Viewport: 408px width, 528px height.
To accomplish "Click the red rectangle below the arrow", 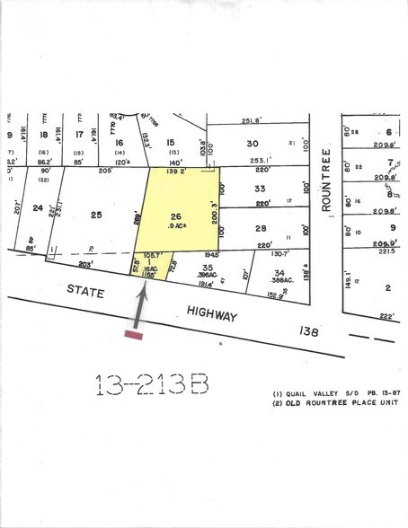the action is [x=134, y=335].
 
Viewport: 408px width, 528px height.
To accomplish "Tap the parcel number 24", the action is [x=38, y=209].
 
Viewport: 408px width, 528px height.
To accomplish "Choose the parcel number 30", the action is [x=253, y=145].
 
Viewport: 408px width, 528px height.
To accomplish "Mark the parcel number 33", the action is [x=260, y=189].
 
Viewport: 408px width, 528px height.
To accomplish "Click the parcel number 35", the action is [x=208, y=268].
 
